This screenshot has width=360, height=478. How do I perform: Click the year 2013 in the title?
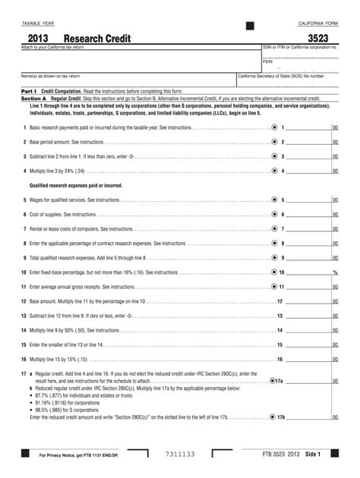(41, 38)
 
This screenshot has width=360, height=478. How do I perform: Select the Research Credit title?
(97, 38)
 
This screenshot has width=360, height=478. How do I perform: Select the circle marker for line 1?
(273, 127)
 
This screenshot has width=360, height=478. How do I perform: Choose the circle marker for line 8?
(273, 243)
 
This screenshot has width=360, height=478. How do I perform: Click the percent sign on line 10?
(334, 272)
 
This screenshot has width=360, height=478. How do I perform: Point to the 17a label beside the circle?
(280, 380)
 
